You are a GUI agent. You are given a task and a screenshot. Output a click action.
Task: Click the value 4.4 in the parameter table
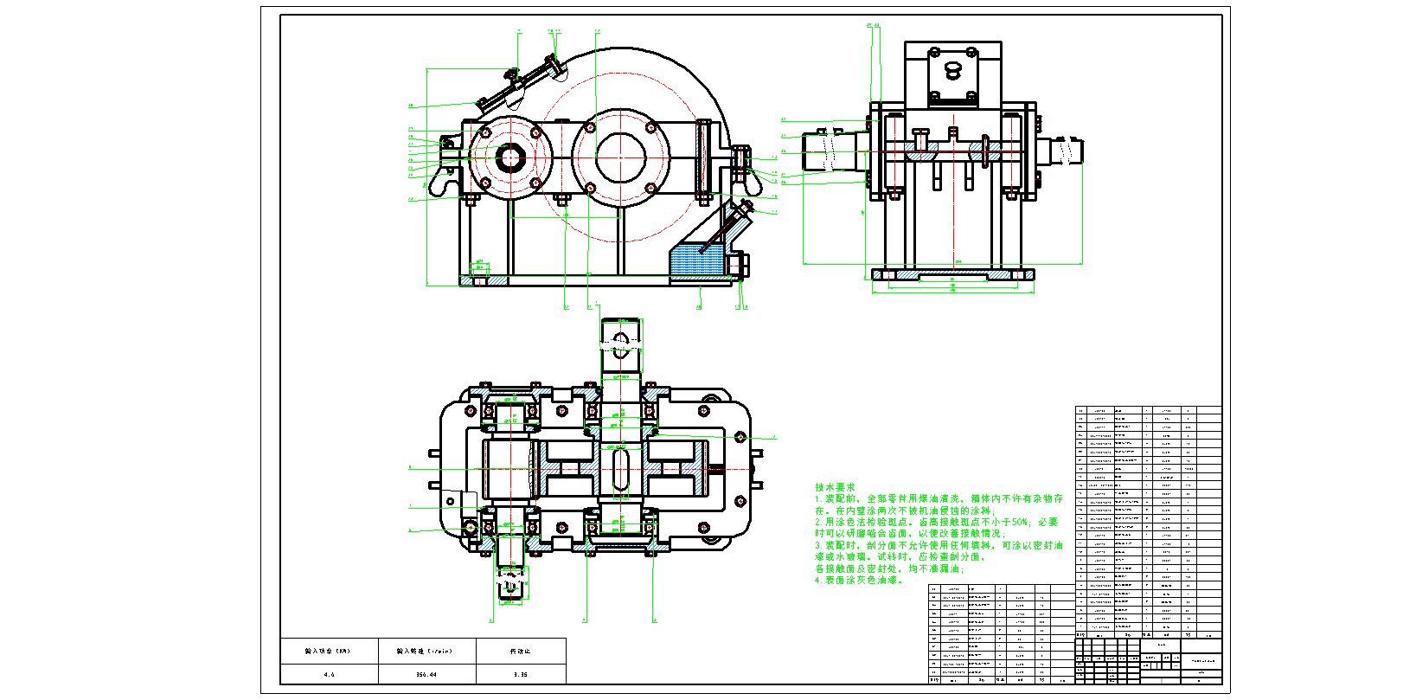pyautogui.click(x=329, y=674)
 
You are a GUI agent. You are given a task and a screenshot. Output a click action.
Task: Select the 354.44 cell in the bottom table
pyautogui.click(x=426, y=674)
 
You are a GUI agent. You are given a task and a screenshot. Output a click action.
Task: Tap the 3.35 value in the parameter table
pyautogui.click(x=520, y=674)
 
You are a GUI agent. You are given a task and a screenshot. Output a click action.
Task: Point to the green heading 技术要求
pyautogui.click(x=834, y=488)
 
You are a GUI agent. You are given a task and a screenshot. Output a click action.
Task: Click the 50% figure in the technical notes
pyautogui.click(x=1018, y=523)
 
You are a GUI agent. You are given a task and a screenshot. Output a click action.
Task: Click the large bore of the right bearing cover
pyautogui.click(x=620, y=157)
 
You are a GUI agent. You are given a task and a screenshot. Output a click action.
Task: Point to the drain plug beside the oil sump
pyautogui.click(x=740, y=264)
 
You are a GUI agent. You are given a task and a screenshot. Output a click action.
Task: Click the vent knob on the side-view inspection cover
pyautogui.click(x=952, y=67)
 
